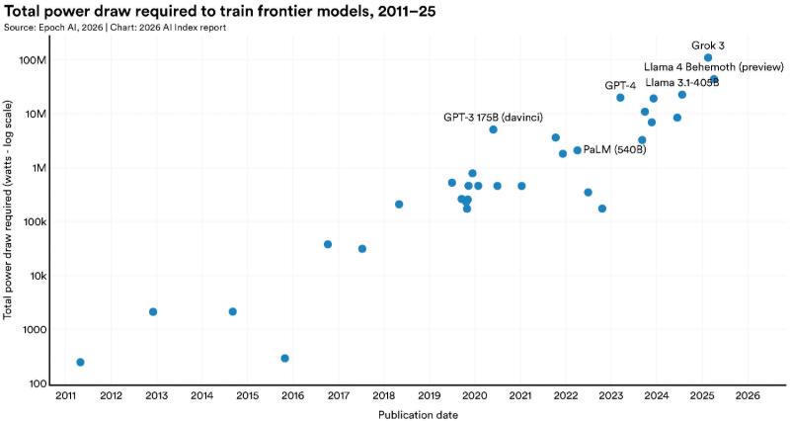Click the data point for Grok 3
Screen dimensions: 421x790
(x=708, y=58)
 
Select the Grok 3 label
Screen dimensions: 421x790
(x=708, y=44)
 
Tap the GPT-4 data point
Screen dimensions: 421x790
(x=620, y=98)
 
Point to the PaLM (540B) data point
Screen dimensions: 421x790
(x=577, y=150)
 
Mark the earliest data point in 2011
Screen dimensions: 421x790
(x=80, y=363)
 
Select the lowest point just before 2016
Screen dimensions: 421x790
(x=284, y=359)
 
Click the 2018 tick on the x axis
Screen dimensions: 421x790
(x=384, y=396)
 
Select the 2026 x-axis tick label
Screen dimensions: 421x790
(x=748, y=396)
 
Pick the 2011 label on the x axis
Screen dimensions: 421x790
(x=66, y=396)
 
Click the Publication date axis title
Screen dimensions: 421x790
(x=418, y=414)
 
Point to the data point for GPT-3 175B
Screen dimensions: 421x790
(x=493, y=129)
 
